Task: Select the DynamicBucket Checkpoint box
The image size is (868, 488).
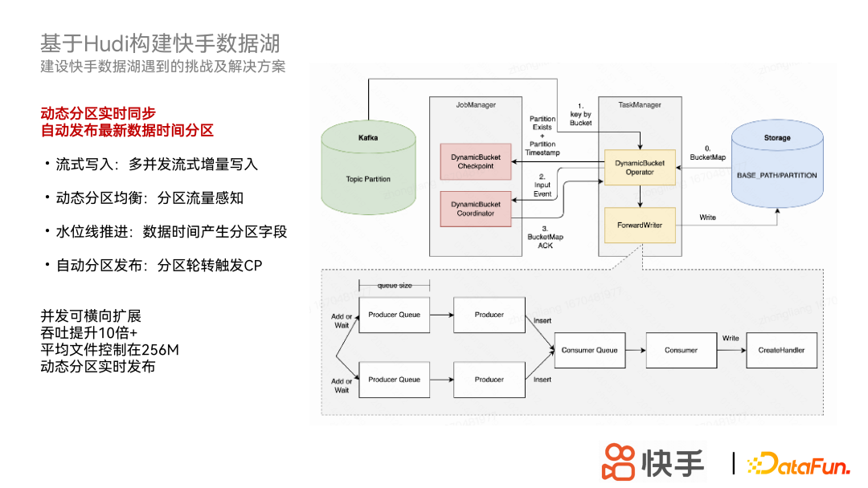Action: point(476,161)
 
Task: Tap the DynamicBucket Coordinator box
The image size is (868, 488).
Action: point(476,209)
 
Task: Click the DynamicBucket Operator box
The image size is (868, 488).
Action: point(640,167)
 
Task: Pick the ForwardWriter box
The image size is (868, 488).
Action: point(640,226)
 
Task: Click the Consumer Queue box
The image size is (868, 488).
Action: point(590,351)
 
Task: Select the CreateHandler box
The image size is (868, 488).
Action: point(781,351)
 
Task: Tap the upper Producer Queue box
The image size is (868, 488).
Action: point(394,315)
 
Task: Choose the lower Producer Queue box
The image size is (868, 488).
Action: point(394,380)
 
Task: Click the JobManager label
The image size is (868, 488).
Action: point(476,105)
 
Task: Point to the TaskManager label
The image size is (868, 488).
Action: point(640,105)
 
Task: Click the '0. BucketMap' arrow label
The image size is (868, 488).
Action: point(707,152)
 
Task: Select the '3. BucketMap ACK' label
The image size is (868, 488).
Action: point(545,237)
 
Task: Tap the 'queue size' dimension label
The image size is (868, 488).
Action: point(395,286)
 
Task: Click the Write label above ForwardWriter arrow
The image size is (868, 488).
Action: point(707,218)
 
